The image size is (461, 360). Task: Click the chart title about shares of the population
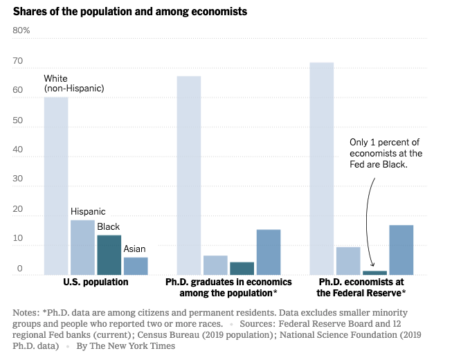coord(130,12)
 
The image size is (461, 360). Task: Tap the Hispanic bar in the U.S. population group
coord(82,247)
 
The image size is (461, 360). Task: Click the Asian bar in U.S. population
coord(135,266)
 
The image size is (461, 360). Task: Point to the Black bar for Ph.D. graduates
coord(242,269)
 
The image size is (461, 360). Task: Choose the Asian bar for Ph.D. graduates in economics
coord(269,252)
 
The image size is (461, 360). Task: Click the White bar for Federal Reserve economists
coord(322,169)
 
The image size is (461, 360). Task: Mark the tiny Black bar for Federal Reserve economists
coord(374,273)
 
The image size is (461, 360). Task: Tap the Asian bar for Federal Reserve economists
coord(401,250)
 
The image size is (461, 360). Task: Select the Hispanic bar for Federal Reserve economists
coord(348,261)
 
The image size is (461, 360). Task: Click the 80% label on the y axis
coord(21,30)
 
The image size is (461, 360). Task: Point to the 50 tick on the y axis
coord(18,120)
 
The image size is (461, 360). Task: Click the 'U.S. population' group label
coord(96,282)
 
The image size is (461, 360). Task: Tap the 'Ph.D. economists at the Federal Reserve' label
coord(361,287)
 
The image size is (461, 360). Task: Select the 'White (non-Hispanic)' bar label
coord(73,84)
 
